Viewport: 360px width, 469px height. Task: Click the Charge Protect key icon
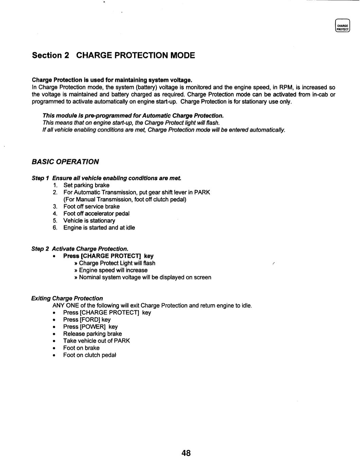coord(342,25)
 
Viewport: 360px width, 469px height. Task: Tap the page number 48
coord(186,453)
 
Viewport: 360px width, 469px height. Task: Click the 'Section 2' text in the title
coord(50,55)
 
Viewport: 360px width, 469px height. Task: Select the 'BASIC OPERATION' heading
coord(65,162)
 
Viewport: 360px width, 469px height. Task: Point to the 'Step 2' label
coord(40,249)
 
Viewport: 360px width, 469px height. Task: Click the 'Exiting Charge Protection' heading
coord(67,298)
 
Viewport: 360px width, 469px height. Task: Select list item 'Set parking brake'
coord(86,185)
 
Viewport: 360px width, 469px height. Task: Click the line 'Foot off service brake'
coord(91,206)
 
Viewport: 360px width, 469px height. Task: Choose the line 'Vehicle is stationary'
coord(89,221)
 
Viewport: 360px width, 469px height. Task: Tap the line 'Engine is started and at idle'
coord(99,228)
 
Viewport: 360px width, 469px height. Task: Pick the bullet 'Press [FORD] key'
coord(87,320)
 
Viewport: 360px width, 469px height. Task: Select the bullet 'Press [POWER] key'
coord(90,327)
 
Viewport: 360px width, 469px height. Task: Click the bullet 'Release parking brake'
coord(92,334)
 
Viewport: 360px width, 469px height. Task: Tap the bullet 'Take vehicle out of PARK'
coord(96,341)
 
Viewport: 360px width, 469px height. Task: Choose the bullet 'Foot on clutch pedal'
coord(90,355)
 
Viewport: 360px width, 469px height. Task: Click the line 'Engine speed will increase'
coord(113,270)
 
